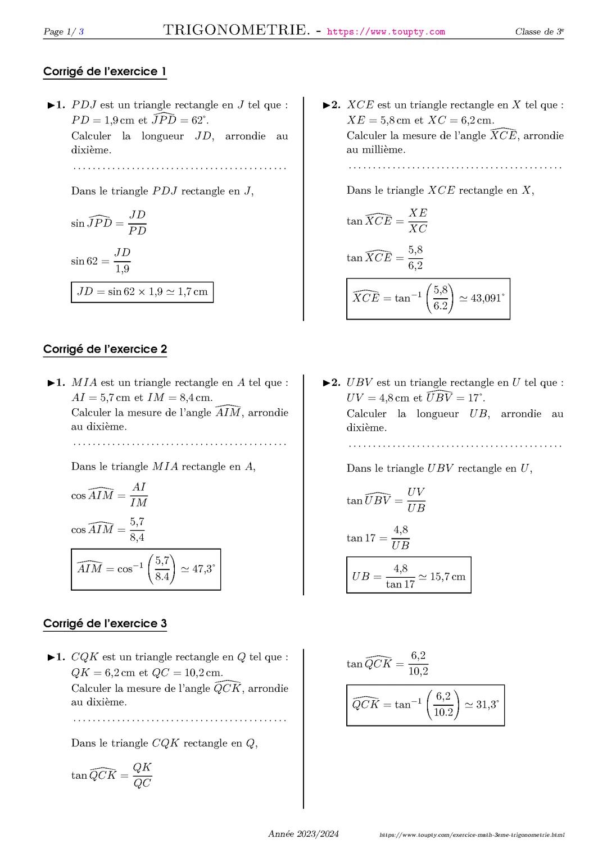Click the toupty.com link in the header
point(386,32)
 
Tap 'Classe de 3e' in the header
point(539,32)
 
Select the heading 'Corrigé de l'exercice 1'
point(105,72)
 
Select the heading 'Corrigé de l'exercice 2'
point(105,349)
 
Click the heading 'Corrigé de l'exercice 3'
point(105,624)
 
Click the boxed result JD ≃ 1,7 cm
point(142,292)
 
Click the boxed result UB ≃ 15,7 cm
point(409,576)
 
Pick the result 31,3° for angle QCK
point(487,705)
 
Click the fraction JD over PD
point(137,223)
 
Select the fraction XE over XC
point(418,221)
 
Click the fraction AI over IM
point(138,495)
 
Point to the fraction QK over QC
point(142,775)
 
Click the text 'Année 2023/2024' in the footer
point(303,834)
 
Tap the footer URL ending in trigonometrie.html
point(472,836)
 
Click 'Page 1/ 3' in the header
point(64,32)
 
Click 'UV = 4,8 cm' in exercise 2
point(378,398)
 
